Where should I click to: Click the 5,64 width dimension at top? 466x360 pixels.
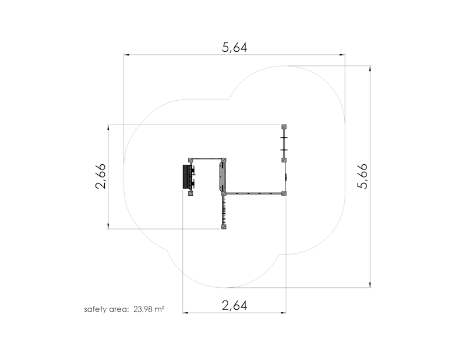coord(235,47)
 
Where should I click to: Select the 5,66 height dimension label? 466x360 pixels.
coord(362,176)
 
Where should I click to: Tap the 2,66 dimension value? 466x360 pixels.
coord(100,176)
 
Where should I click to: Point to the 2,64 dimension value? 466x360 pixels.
coord(235,305)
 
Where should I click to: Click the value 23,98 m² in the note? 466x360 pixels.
coord(149,309)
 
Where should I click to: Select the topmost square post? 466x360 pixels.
coord(284,127)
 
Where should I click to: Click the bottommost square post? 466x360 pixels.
coord(224,227)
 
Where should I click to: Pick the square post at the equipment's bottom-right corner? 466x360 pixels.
coord(284,193)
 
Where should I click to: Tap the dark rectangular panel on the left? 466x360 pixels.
coord(186,177)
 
